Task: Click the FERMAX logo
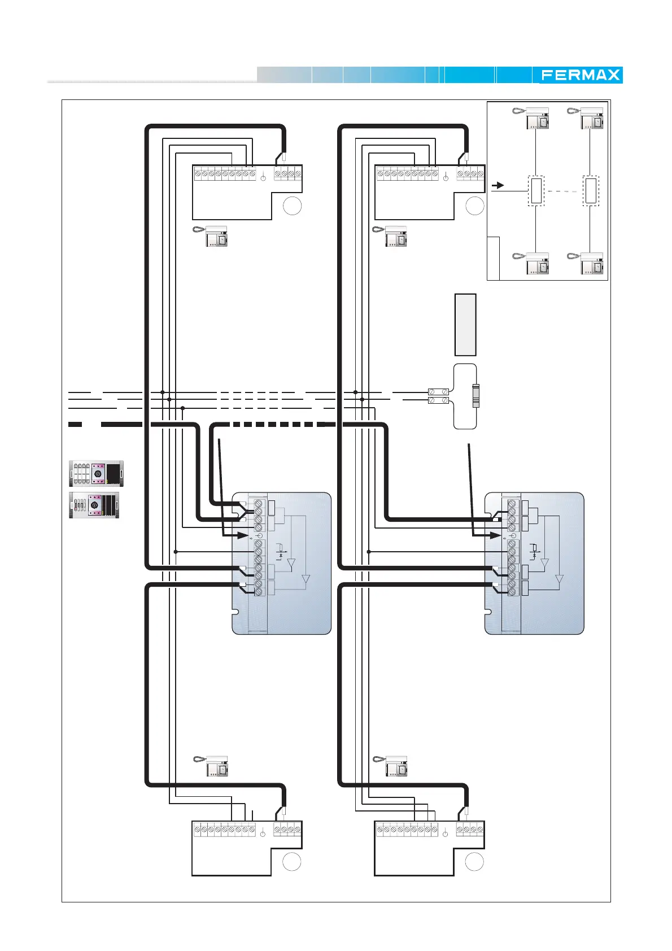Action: [580, 75]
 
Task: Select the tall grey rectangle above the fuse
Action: [465, 324]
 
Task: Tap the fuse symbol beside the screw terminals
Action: [476, 396]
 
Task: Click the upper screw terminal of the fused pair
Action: [438, 391]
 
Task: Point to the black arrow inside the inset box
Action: [498, 186]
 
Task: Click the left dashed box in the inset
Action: [536, 191]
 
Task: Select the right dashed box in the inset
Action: [591, 191]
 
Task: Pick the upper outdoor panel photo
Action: [97, 473]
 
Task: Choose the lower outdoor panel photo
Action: [94, 505]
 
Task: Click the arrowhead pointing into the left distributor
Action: [243, 535]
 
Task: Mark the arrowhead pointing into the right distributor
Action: [495, 535]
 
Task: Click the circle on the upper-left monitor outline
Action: [292, 206]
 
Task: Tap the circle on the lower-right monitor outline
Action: [474, 861]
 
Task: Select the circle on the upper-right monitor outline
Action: [474, 206]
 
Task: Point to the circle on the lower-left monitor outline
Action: [291, 861]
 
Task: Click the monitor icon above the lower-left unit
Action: [211, 766]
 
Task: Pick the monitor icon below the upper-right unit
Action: [390, 237]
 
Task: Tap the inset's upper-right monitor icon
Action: [586, 119]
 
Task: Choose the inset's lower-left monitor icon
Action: [531, 263]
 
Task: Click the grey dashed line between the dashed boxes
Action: [564, 191]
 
